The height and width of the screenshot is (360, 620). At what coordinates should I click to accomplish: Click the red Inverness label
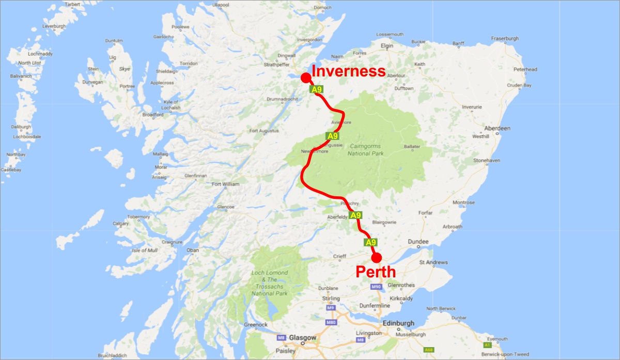(348, 71)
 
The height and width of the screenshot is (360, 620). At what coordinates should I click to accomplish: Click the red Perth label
(376, 272)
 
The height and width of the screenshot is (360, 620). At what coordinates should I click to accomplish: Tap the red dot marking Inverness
(305, 77)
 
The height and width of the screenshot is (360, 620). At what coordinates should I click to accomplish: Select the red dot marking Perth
(376, 257)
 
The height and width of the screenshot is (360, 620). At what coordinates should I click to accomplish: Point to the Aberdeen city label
(497, 128)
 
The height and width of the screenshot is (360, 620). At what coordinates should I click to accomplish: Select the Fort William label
(226, 184)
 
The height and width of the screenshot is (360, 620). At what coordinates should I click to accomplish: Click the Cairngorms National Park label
(365, 150)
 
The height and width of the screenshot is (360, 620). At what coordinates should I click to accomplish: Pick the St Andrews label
(432, 262)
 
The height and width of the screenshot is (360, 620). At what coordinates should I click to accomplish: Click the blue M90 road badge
(376, 286)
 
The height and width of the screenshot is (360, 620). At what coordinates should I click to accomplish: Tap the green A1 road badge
(487, 344)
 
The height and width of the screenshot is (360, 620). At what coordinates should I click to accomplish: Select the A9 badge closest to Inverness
(316, 89)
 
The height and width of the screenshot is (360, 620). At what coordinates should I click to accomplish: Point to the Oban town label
(192, 251)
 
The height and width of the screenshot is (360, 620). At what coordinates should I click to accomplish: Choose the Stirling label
(331, 299)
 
